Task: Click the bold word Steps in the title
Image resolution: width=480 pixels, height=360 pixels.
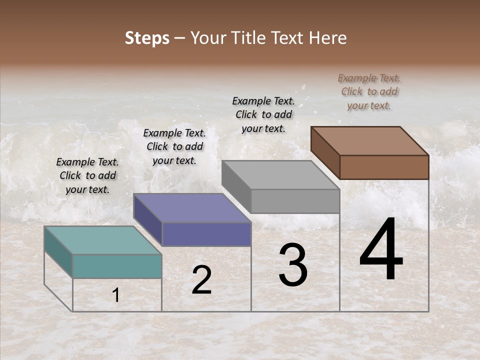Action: pos(147,38)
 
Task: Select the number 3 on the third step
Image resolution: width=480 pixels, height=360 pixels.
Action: pos(293,265)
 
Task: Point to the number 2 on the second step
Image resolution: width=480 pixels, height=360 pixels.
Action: pos(201,280)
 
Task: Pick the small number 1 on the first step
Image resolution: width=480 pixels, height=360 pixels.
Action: pos(116,295)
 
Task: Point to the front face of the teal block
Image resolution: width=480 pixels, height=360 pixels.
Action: pos(117,266)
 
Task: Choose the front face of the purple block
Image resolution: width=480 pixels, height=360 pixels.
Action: pos(206,234)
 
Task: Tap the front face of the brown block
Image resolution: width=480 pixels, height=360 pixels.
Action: pos(384,167)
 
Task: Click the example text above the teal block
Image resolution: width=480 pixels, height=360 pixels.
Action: pos(87,175)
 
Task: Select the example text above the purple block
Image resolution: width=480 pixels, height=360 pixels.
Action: pos(174,146)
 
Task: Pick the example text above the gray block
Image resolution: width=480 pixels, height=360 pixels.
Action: pos(263,114)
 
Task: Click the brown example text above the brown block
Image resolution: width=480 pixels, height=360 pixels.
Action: pos(369,91)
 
